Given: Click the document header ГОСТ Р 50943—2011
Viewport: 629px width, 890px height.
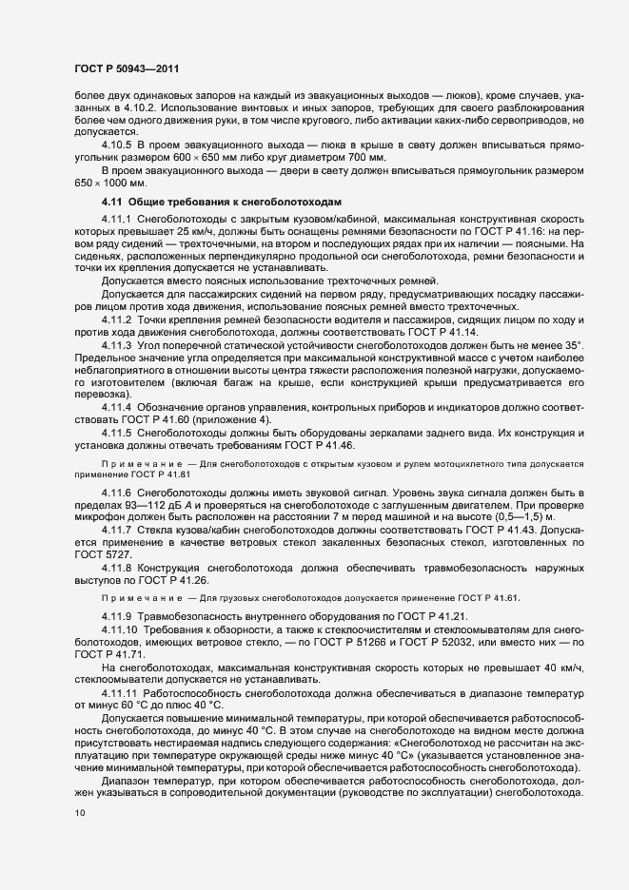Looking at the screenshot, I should coord(126,69).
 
